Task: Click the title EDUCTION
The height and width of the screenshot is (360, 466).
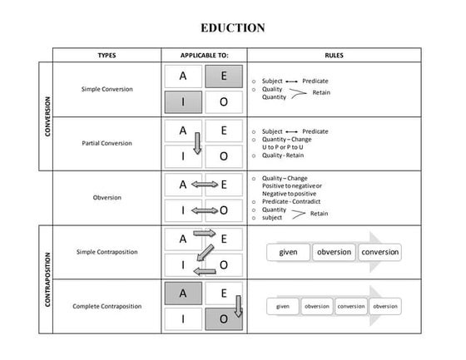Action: pyautogui.click(x=233, y=28)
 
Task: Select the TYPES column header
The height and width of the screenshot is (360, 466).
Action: pyautogui.click(x=107, y=55)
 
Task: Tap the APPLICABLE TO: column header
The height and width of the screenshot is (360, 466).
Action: pyautogui.click(x=204, y=55)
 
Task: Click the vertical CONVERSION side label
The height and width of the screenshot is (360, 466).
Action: pyautogui.click(x=47, y=116)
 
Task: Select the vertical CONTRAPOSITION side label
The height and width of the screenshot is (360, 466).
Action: pyautogui.click(x=47, y=279)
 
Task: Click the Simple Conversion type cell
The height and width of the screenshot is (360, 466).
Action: pyautogui.click(x=107, y=89)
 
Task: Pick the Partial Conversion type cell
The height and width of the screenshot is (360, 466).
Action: pyautogui.click(x=107, y=143)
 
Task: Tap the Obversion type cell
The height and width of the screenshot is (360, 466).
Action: pyautogui.click(x=107, y=197)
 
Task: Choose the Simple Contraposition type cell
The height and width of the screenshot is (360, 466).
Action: pyautogui.click(x=107, y=252)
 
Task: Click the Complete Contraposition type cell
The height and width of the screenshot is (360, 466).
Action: pyautogui.click(x=107, y=306)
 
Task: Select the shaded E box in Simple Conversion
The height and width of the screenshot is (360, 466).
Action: pyautogui.click(x=224, y=76)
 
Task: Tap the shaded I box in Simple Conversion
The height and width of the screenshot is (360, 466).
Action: pyautogui.click(x=183, y=102)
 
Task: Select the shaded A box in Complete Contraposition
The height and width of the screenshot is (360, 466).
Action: pyautogui.click(x=183, y=293)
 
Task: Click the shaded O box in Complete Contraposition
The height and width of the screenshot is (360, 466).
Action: pyautogui.click(x=224, y=319)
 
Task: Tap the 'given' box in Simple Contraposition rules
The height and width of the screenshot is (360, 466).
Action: pyautogui.click(x=288, y=252)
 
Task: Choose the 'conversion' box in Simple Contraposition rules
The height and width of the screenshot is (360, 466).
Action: pyautogui.click(x=380, y=252)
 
